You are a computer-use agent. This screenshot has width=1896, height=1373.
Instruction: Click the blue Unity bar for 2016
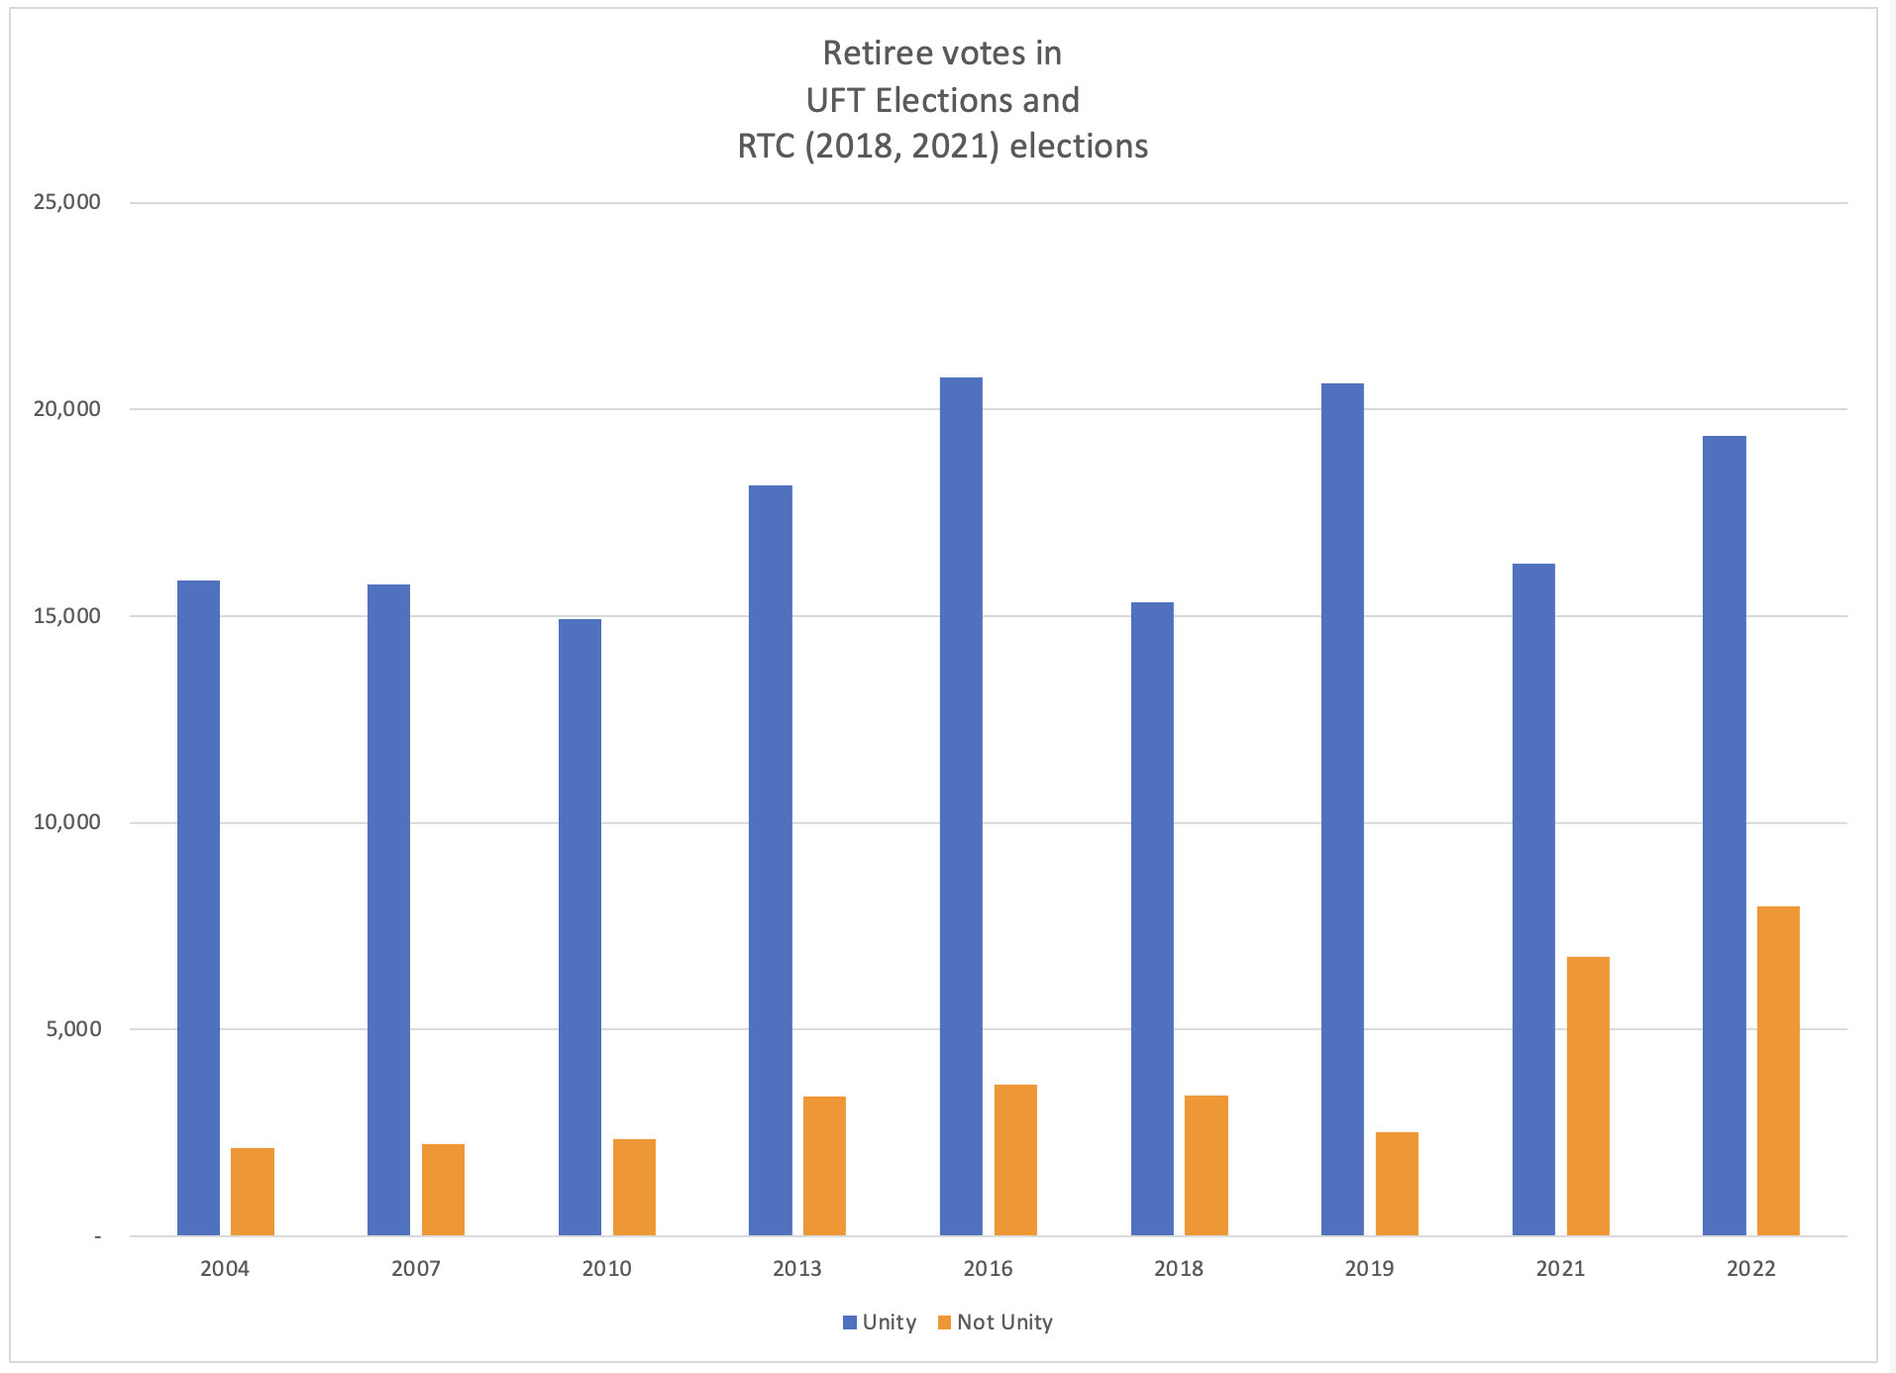point(961,806)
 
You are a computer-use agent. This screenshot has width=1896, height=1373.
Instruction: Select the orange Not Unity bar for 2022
point(1778,1070)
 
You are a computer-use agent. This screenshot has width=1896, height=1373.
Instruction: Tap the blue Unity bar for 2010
point(579,927)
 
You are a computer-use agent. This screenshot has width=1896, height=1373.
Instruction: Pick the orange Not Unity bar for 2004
point(253,1191)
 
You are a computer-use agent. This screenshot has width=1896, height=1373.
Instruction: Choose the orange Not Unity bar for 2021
point(1588,1096)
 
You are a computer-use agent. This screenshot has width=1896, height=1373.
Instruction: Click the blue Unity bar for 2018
point(1152,918)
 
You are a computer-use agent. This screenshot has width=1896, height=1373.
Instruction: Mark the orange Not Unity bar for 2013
point(824,1165)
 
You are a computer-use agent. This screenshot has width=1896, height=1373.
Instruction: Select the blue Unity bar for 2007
point(388,909)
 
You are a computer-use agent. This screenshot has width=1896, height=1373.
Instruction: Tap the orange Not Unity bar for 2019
point(1397,1183)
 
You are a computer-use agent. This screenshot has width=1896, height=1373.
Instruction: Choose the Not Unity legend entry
point(995,1322)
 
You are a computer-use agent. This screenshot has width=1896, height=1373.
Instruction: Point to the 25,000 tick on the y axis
point(67,202)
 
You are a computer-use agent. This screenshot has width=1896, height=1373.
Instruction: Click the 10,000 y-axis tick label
point(67,822)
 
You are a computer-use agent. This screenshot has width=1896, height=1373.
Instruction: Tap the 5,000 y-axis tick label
point(73,1028)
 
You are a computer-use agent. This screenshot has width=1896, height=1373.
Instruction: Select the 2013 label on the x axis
point(797,1269)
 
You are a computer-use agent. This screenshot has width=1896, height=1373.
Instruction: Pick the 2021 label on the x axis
point(1560,1269)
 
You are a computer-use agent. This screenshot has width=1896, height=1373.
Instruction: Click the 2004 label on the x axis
point(225,1269)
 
